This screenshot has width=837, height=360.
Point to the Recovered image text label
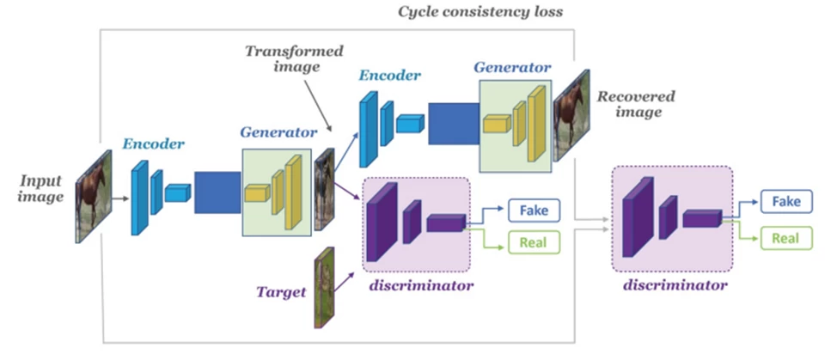point(635,104)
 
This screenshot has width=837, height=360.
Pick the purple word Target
point(282,292)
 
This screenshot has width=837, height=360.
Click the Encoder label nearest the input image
point(153,144)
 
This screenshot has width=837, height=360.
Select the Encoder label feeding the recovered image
point(390,76)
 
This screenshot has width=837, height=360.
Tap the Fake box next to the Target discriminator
point(534,209)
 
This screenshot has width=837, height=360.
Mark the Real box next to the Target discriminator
point(534,243)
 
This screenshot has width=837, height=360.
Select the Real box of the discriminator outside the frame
point(785,238)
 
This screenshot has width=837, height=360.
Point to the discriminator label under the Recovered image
point(673,284)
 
